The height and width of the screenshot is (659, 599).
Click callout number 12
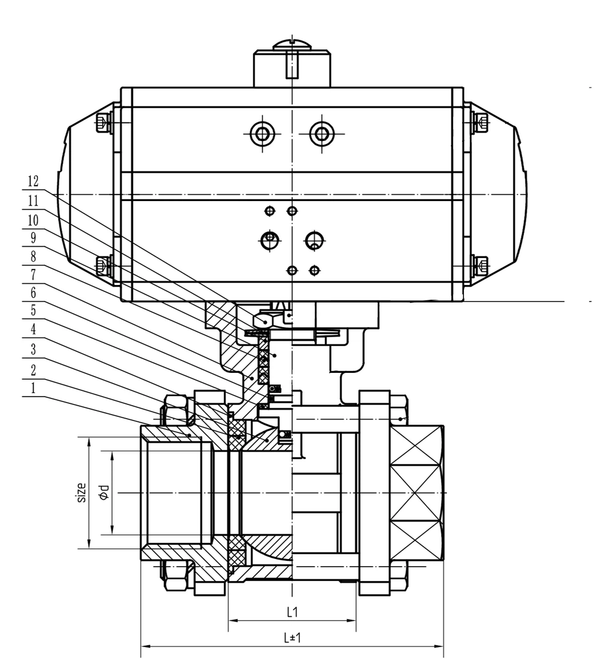(33, 180)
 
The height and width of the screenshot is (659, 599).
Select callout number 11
(33, 200)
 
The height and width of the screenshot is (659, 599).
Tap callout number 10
(33, 221)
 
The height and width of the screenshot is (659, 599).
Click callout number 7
(33, 275)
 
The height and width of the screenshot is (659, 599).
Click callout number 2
(33, 369)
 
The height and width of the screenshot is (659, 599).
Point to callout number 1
(33, 388)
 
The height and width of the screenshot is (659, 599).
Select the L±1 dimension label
(292, 638)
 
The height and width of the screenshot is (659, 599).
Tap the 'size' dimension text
(81, 492)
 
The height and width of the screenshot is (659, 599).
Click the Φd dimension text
(105, 492)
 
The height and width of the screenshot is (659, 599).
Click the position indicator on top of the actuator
(291, 62)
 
